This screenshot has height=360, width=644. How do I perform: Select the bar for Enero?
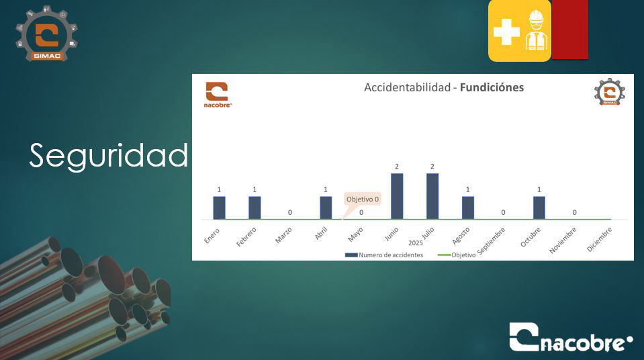click(219, 208)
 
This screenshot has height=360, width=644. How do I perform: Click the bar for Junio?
click(397, 196)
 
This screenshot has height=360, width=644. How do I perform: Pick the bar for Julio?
click(432, 196)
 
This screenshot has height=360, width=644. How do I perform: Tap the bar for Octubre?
click(539, 208)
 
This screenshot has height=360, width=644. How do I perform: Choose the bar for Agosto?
click(468, 208)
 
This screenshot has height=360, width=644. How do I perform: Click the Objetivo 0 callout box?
click(363, 199)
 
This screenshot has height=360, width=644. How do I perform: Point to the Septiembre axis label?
click(491, 240)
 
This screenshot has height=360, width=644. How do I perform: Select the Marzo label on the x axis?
click(283, 236)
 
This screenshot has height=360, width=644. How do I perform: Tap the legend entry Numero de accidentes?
click(384, 255)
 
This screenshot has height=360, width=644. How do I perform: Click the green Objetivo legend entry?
click(457, 255)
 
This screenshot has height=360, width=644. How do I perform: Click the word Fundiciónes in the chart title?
click(492, 87)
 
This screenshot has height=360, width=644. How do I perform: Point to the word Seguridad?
click(109, 155)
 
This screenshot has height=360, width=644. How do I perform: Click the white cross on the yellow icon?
click(506, 32)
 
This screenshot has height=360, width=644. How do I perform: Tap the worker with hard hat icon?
click(537, 30)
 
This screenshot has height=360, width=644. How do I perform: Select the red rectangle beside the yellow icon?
click(569, 29)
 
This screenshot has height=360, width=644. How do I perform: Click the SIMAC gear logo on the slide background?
click(47, 34)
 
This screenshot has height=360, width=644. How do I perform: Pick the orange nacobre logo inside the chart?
click(218, 95)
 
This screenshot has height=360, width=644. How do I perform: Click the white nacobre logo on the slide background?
click(571, 337)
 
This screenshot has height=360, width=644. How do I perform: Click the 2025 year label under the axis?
click(415, 243)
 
